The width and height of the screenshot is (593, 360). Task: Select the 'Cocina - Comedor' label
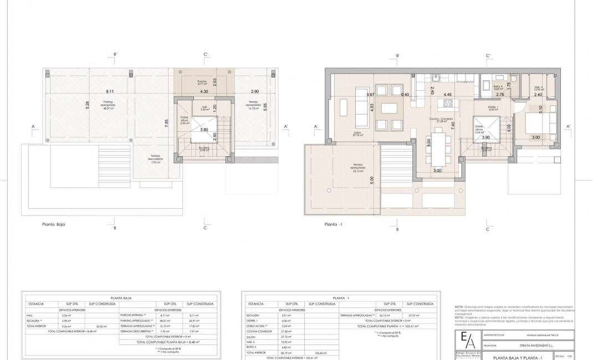tap(442, 118)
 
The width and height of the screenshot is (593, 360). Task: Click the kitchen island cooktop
tap(444, 103)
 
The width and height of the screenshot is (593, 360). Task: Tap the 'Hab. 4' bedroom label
tap(537, 88)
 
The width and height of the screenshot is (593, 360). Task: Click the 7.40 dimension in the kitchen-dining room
tap(453, 125)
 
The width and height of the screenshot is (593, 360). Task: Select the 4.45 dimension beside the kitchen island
tap(448, 95)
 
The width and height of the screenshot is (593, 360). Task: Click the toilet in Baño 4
tap(514, 80)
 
